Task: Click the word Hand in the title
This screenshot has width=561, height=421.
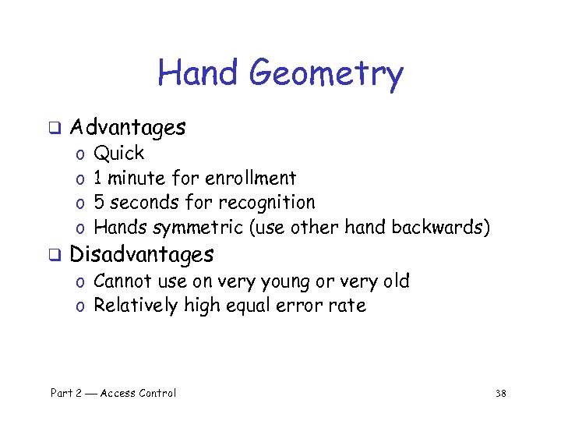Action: point(199,73)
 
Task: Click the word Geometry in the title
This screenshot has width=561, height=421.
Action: point(326,75)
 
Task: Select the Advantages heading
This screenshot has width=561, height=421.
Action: point(128,127)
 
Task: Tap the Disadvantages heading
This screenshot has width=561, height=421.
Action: point(141,254)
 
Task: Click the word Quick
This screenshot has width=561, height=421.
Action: point(118,153)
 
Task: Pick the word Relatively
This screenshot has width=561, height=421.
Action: point(136,306)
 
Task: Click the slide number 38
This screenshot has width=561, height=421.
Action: point(500,394)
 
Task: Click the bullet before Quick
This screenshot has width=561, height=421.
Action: point(80,154)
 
